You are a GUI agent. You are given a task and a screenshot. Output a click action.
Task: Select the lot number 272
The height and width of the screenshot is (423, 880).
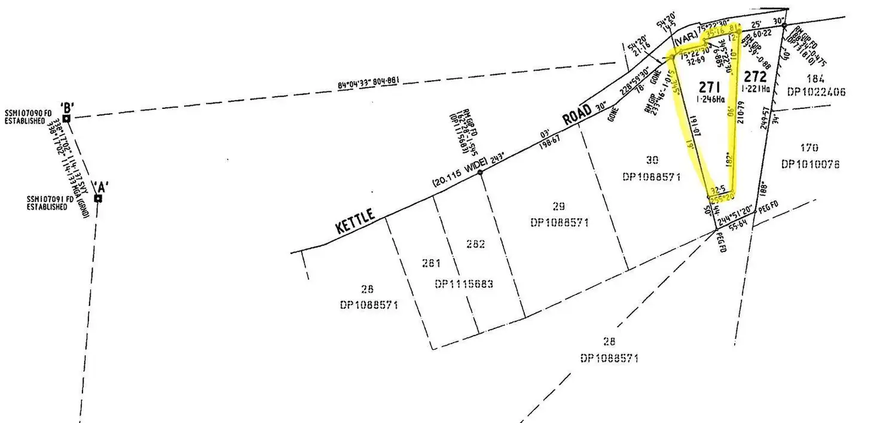click(x=754, y=77)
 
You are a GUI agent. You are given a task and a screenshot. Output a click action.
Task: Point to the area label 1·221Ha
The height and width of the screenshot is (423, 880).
click(x=756, y=89)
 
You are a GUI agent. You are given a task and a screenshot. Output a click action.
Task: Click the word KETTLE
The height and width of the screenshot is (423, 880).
click(x=356, y=223)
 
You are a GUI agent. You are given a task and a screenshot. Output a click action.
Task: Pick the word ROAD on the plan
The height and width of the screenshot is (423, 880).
click(x=577, y=117)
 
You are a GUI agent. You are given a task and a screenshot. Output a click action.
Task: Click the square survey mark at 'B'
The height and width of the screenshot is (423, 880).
click(x=67, y=118)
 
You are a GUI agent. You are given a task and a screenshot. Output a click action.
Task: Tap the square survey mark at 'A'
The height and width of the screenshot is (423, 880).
click(x=98, y=198)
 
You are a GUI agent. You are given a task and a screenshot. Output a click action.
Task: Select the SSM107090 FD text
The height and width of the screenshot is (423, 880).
click(x=27, y=112)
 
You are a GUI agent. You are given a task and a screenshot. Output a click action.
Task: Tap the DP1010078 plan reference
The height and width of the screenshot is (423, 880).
click(x=810, y=163)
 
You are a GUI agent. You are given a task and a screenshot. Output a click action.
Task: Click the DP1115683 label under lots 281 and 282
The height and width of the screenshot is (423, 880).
click(x=465, y=284)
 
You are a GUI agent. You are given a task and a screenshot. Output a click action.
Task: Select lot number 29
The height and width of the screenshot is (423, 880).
click(x=558, y=207)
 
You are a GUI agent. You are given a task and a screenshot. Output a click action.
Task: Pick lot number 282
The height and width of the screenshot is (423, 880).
click(x=475, y=244)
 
